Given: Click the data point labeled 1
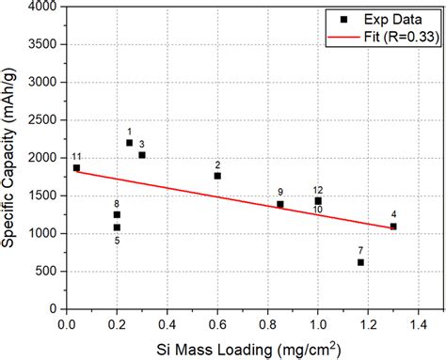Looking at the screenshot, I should tap(129, 143).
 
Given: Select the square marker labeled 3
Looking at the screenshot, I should tap(142, 155).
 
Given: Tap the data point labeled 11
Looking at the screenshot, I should tap(76, 168).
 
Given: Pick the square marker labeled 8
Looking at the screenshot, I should tap(117, 214).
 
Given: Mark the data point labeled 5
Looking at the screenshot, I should tap(117, 227).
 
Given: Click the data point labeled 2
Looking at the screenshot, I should tap(217, 176).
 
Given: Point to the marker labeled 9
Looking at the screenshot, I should tap(280, 204).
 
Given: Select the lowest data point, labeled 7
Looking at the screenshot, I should tap(360, 262).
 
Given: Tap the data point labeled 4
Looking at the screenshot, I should tap(393, 227).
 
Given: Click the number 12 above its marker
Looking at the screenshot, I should tap(318, 191).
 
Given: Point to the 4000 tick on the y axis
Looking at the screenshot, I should tap(43, 7).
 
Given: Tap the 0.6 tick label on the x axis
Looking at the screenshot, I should tap(217, 324).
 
